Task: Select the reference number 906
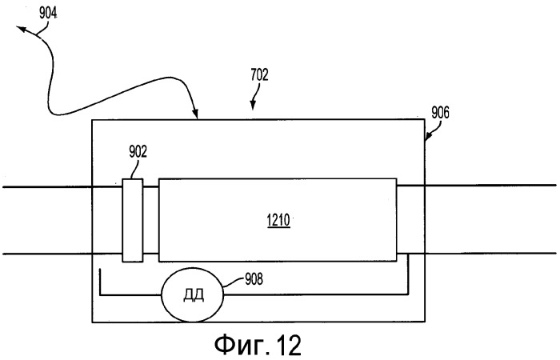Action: click(x=438, y=114)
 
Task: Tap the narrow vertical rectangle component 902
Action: click(x=133, y=220)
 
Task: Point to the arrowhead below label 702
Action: click(x=253, y=105)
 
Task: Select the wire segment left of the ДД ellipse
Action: click(x=128, y=294)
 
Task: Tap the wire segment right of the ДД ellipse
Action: click(x=320, y=294)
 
